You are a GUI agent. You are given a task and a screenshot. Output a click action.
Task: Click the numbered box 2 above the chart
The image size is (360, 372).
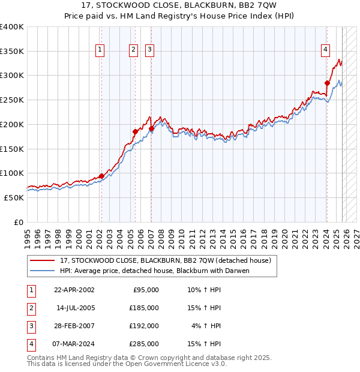(133, 50)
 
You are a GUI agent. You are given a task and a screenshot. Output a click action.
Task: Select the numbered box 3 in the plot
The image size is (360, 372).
(149, 50)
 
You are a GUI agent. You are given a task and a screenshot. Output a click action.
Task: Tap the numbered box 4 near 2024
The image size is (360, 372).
(325, 50)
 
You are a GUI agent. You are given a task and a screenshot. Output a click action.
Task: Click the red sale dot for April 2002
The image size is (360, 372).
(101, 176)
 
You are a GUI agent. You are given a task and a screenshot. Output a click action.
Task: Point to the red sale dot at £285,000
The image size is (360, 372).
(327, 83)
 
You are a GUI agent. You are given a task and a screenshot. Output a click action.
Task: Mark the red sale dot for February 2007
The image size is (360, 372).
(151, 128)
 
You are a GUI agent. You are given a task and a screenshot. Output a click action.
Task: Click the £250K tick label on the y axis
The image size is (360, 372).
(12, 100)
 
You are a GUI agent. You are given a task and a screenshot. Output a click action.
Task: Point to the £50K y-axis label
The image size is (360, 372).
(14, 197)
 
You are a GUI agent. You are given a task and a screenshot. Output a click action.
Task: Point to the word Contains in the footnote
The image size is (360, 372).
(42, 358)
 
